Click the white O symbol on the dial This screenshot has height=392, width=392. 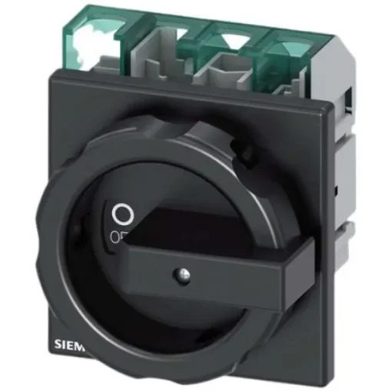(119, 213)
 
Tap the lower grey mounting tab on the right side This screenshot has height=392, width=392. (344, 231)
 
